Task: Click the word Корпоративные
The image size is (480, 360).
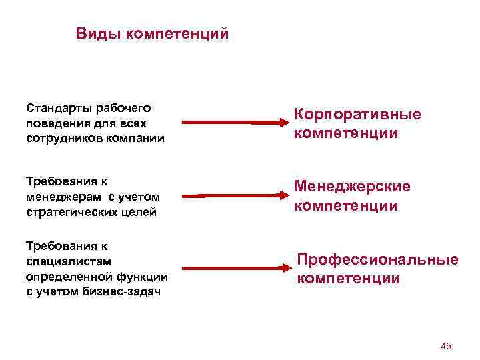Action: pos(358,114)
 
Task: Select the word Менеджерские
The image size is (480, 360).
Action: pos(353,187)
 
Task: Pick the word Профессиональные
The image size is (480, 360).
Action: pos(377,259)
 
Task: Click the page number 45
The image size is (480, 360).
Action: pos(446,345)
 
